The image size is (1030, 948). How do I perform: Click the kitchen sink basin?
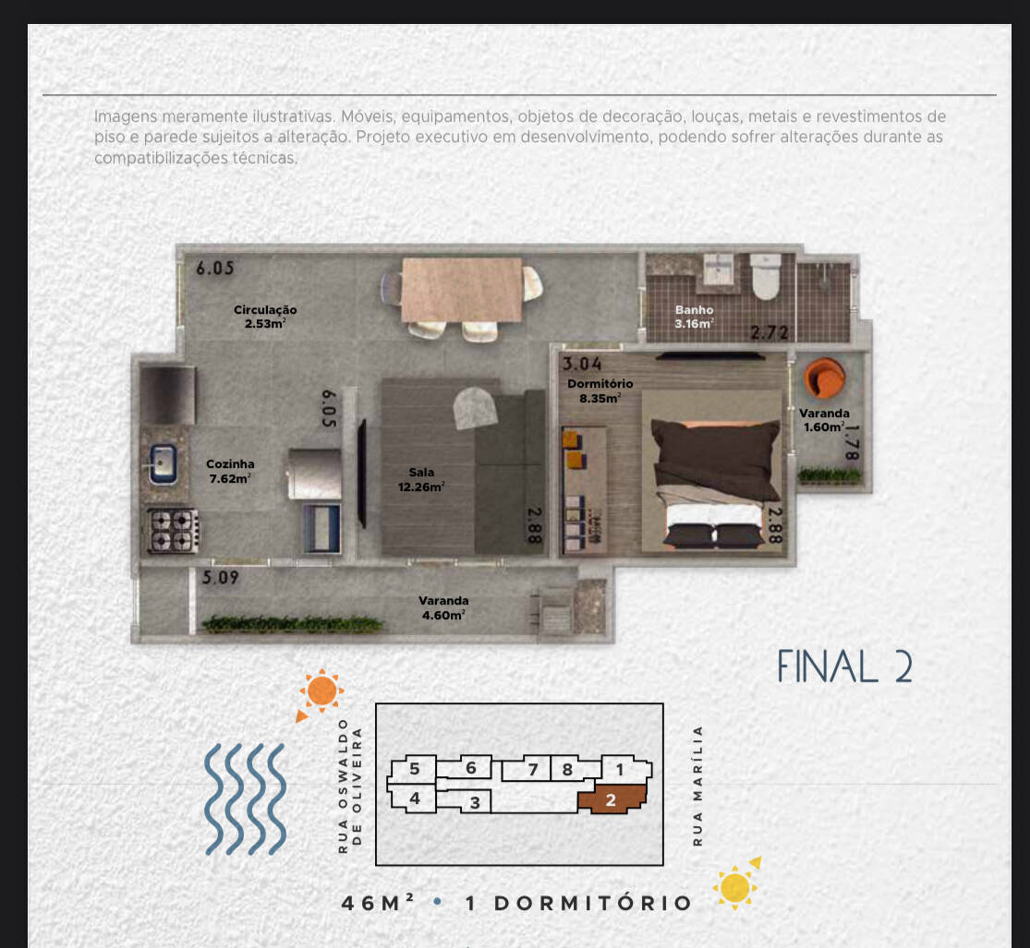[164, 461]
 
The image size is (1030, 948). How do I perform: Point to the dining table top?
[462, 289]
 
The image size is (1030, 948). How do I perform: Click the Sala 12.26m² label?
[421, 479]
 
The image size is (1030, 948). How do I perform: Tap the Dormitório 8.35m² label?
[600, 390]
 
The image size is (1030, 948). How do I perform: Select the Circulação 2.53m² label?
[265, 317]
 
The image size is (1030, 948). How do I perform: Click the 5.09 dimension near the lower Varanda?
[222, 580]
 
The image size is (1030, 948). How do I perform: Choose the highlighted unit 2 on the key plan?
[611, 799]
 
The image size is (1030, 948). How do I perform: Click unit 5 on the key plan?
[415, 768]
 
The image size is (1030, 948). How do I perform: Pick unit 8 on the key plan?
[567, 769]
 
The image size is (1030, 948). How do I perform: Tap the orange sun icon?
[321, 691]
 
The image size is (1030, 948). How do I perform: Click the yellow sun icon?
[736, 886]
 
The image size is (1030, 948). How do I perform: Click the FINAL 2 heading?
[844, 666]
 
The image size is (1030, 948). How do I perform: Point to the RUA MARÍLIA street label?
[698, 786]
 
